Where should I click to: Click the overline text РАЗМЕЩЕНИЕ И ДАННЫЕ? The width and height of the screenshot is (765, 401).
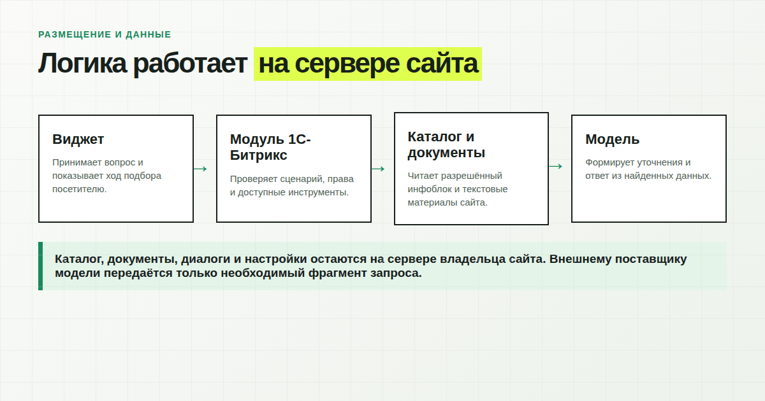click(105, 34)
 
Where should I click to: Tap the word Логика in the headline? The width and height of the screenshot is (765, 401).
click(82, 64)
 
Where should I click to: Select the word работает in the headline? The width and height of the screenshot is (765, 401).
click(190, 65)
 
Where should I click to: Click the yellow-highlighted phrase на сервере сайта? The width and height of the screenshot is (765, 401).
click(368, 64)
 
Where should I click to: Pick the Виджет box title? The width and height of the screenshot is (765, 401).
click(78, 139)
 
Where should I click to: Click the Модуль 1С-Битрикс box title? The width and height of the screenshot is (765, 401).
click(270, 147)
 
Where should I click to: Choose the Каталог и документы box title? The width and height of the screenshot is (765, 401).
click(446, 144)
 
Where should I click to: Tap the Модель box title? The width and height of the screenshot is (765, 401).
click(613, 139)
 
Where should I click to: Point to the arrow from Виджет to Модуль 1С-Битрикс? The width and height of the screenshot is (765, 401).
click(200, 169)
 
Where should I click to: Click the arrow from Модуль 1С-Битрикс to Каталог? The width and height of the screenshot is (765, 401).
click(378, 169)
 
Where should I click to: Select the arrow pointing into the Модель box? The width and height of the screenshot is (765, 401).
click(556, 166)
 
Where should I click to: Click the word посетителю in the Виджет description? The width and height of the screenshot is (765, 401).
click(80, 189)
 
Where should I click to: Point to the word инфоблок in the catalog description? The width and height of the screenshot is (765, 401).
click(428, 189)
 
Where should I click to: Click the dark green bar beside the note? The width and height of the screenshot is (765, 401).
click(41, 266)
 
